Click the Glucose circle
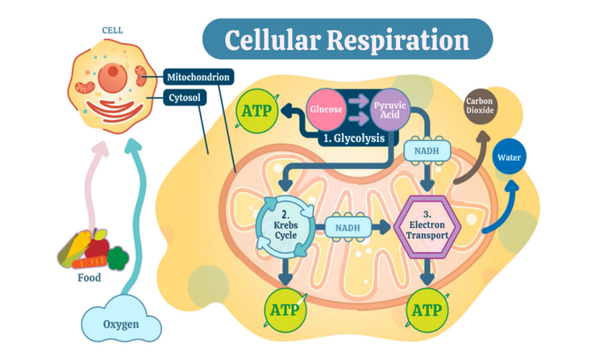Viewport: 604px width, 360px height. tap(327, 110)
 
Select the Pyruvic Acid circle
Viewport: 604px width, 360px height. tap(390, 110)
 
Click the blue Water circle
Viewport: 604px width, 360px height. tap(508, 158)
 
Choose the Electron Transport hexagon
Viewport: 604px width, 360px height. tap(428, 224)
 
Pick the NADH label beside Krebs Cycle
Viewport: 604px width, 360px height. tap(348, 226)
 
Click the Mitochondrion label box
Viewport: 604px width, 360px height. tap(197, 77)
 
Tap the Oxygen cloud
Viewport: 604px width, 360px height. tap(122, 325)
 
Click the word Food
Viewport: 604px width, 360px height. tap(89, 278)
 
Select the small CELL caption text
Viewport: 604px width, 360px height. tap(112, 31)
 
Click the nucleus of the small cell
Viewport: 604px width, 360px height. tap(113, 74)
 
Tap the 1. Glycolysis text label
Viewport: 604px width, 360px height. tap(353, 139)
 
